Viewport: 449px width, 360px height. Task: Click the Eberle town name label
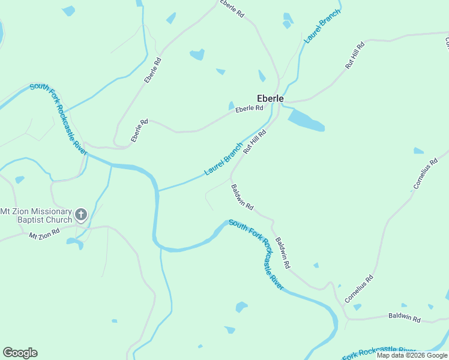[270, 98]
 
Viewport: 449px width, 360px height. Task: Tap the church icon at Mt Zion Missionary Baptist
[81, 214]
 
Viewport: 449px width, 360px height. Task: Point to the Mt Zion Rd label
[44, 232]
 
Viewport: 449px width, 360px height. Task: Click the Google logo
[20, 353]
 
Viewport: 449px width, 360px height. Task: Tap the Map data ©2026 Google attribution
[412, 355]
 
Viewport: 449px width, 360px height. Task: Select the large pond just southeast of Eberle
[306, 120]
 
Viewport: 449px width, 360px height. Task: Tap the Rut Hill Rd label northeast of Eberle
[355, 56]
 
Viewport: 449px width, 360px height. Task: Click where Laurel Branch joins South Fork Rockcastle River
[158, 191]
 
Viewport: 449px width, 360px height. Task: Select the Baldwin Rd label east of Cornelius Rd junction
[404, 317]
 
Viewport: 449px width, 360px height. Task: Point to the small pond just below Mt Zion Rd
[74, 242]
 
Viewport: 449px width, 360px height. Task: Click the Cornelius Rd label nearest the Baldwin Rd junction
[359, 289]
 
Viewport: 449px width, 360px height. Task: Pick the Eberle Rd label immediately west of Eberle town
[249, 109]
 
